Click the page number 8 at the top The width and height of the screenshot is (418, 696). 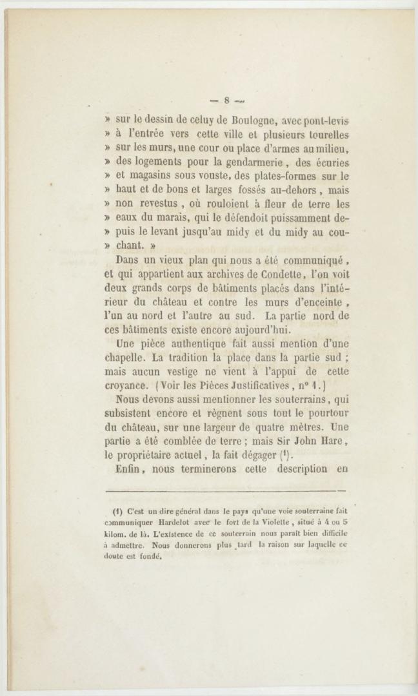click(x=227, y=100)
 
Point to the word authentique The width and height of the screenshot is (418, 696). click(x=208, y=343)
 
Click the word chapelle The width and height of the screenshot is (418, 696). click(x=128, y=358)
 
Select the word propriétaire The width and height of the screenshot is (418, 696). click(x=154, y=456)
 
